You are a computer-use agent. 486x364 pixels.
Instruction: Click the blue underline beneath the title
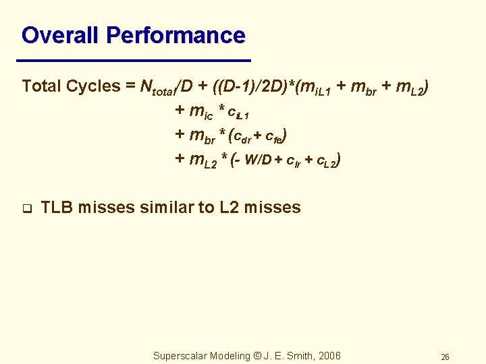tap(136, 60)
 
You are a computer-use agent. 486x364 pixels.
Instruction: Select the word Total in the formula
tap(42, 87)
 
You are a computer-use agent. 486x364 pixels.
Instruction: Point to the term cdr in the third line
tap(243, 137)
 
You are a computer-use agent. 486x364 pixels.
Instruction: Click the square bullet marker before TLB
tap(26, 208)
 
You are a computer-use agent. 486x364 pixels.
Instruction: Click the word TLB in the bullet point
tap(57, 208)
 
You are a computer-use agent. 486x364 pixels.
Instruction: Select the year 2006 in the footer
tap(327, 355)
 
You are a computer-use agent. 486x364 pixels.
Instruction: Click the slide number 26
tap(445, 357)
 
